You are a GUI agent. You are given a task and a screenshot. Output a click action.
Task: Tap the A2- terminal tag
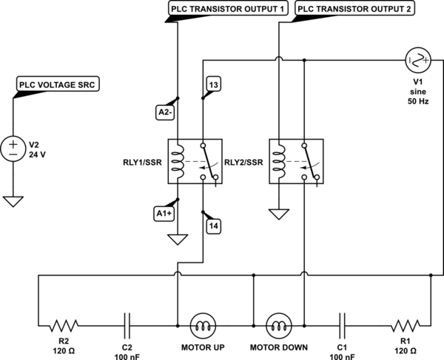pyautogui.click(x=166, y=112)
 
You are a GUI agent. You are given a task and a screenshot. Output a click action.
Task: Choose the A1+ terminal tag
pyautogui.click(x=166, y=214)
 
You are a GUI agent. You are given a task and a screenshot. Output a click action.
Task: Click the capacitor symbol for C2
pyautogui.click(x=127, y=324)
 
